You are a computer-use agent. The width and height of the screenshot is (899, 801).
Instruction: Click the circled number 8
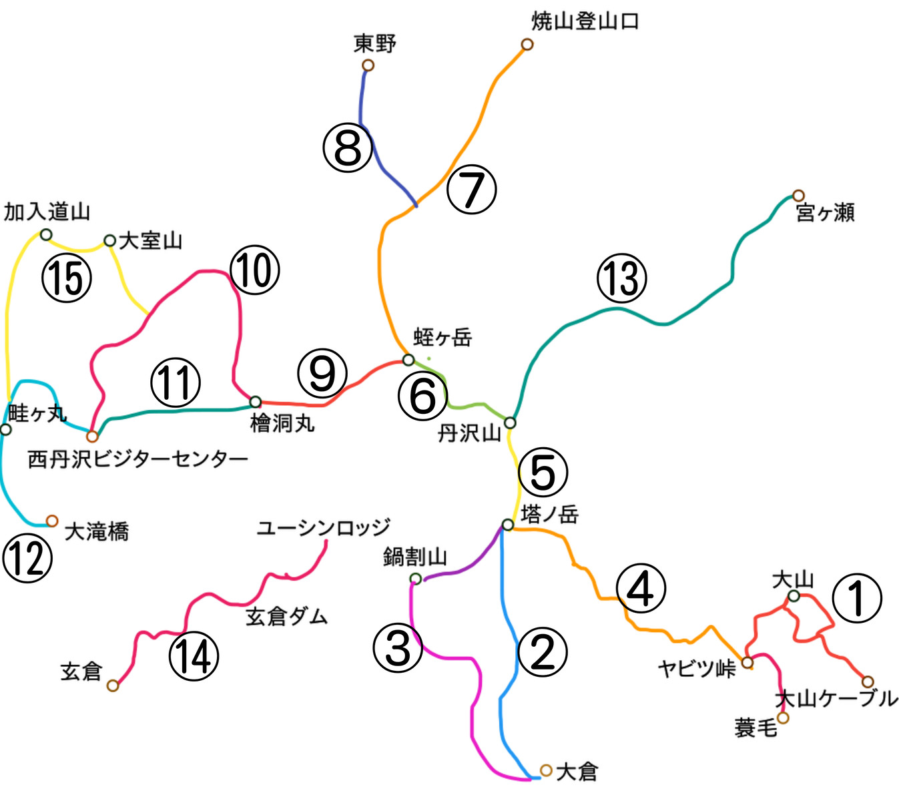tap(347, 148)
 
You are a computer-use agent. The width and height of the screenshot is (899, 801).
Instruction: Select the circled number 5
tap(543, 472)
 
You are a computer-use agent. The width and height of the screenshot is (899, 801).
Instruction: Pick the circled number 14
tap(194, 655)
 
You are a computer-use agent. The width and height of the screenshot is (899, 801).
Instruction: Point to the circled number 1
tap(857, 597)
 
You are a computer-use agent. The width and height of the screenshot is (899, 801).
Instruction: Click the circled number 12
tap(27, 558)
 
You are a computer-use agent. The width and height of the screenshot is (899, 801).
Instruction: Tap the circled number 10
tap(254, 270)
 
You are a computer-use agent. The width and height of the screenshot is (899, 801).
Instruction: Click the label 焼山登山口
tap(585, 21)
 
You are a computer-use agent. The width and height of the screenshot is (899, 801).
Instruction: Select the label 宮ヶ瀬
tap(825, 213)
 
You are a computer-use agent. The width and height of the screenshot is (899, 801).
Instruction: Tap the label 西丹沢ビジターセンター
tap(137, 459)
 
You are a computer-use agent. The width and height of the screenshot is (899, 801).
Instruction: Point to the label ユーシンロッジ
tap(324, 527)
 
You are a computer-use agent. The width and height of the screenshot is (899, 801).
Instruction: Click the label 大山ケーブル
tap(836, 699)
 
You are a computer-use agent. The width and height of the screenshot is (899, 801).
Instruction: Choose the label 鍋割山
tap(414, 556)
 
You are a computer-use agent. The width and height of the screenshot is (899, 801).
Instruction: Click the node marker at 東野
tap(368, 65)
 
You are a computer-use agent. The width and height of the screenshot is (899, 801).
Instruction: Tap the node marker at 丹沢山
tap(510, 423)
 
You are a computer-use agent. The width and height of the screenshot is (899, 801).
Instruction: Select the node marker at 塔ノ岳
tap(508, 525)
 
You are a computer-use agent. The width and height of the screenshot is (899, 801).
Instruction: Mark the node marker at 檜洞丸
tap(255, 402)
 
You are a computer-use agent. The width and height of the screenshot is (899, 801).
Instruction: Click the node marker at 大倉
tap(546, 770)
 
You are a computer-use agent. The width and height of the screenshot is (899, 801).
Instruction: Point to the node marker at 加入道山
tap(46, 235)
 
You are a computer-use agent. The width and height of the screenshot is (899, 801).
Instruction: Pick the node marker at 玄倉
tap(113, 686)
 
